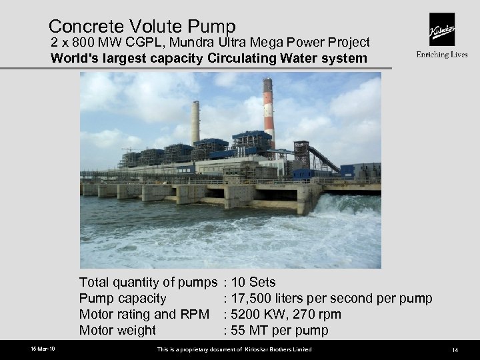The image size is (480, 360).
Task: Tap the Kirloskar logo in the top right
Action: [x=441, y=29]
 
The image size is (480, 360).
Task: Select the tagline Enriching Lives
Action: [x=441, y=55]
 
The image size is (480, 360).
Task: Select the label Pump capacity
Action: [x=123, y=298]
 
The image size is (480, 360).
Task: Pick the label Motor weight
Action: [x=117, y=330]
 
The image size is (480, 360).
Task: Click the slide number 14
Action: [x=454, y=350]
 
